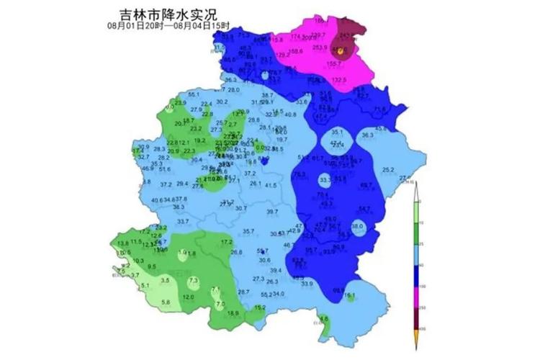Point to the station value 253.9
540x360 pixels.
click(x=320, y=48)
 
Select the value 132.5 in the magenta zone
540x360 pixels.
click(x=339, y=80)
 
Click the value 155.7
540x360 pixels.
click(x=334, y=64)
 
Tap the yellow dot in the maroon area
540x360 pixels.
click(x=341, y=50)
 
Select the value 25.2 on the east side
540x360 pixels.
click(x=388, y=170)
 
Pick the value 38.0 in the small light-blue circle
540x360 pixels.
click(x=357, y=226)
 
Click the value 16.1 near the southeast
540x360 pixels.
click(x=350, y=295)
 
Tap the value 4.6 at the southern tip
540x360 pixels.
click(x=323, y=319)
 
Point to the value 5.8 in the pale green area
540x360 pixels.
click(x=166, y=302)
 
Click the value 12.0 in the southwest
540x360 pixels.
click(x=188, y=297)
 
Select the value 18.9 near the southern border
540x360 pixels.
click(x=233, y=313)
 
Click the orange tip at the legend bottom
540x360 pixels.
click(x=415, y=337)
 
